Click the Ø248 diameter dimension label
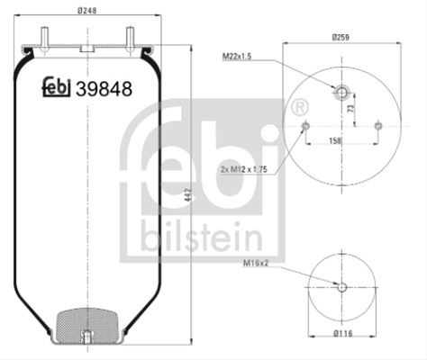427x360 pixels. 87,11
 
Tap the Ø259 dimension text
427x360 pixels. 341,37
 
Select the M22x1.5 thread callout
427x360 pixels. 237,56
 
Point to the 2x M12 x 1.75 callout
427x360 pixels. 244,169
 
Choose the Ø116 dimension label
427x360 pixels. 342,333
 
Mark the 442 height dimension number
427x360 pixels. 188,195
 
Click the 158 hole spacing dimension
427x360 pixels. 335,140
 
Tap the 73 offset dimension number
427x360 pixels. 350,108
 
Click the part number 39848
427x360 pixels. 104,89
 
